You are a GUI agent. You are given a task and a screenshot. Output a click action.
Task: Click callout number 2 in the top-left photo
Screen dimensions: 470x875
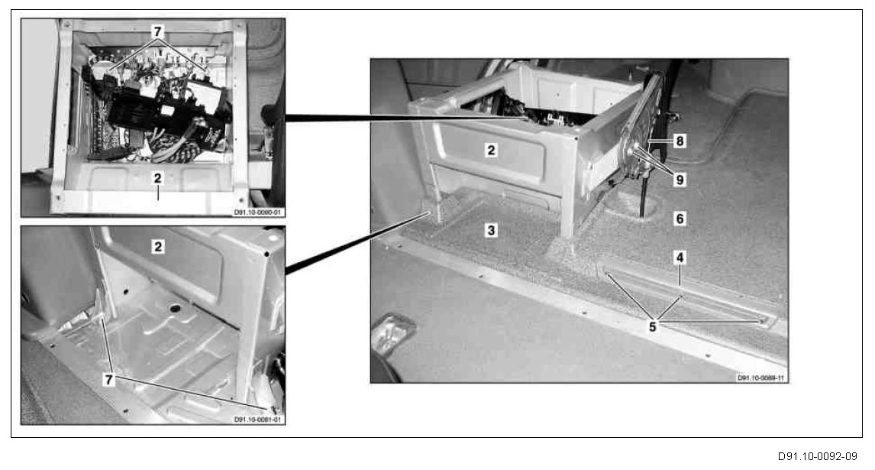click(157, 177)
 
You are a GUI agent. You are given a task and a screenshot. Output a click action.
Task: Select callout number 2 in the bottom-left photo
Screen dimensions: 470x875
click(157, 247)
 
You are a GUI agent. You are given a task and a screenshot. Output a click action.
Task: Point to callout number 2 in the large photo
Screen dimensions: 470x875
click(491, 151)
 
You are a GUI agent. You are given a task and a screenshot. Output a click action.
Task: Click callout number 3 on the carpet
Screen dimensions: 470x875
click(492, 229)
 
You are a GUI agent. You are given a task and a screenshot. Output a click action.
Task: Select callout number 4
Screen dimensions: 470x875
click(679, 258)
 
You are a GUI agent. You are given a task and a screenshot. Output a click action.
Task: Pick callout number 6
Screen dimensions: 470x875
click(680, 218)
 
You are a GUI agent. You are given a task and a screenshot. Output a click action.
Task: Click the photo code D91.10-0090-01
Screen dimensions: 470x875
click(259, 213)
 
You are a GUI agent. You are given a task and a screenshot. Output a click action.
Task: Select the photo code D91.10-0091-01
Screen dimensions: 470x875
click(259, 420)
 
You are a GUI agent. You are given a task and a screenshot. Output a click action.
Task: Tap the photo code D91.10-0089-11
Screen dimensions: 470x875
click(761, 378)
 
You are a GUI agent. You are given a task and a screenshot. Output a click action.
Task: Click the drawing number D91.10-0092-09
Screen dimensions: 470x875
click(816, 456)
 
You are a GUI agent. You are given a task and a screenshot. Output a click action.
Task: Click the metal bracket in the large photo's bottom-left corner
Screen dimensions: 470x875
click(392, 332)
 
